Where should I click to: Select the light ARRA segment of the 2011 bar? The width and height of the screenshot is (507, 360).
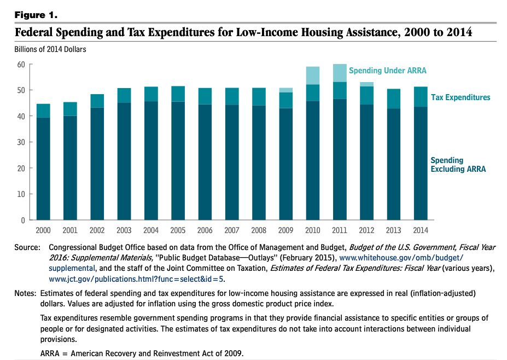click(340, 73)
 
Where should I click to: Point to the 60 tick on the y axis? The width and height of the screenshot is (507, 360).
click(21, 64)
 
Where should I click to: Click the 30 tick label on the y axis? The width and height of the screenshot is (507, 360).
click(21, 142)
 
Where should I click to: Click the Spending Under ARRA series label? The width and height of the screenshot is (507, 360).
click(387, 71)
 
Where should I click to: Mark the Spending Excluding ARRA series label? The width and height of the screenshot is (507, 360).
click(458, 165)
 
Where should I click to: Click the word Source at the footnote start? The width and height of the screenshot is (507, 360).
click(27, 248)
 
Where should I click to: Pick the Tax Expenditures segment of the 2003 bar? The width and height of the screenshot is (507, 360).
click(124, 95)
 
